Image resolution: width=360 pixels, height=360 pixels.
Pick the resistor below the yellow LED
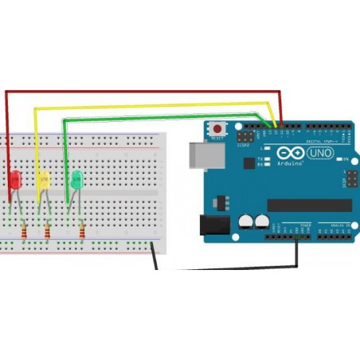[48, 232]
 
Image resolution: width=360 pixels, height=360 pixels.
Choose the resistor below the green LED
[83, 232]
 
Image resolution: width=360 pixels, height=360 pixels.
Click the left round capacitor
[246, 221]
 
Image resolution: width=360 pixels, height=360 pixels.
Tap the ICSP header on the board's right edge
[347, 179]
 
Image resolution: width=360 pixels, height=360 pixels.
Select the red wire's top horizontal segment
[143, 91]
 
